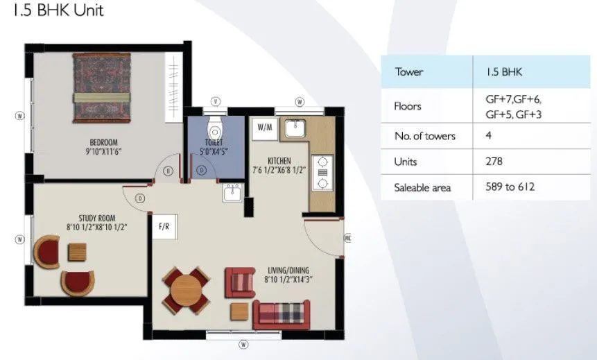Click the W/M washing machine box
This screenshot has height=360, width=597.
[x=265, y=128]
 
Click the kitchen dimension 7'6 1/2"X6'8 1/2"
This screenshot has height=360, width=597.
[x=279, y=171]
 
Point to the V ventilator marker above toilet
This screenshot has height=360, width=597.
[x=216, y=102]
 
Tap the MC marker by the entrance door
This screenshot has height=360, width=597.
[x=347, y=238]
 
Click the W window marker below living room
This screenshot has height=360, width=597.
[x=244, y=345]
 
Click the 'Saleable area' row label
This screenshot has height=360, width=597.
[x=422, y=187]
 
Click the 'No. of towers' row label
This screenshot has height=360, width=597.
[x=424, y=136]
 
